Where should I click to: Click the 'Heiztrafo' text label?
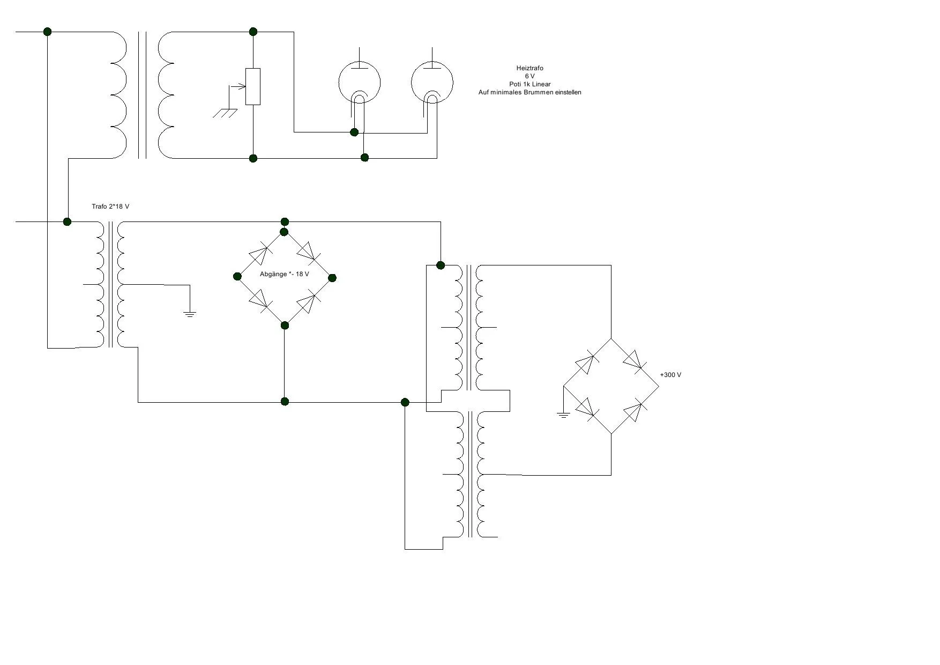[x=529, y=68]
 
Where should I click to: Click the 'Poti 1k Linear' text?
[x=529, y=84]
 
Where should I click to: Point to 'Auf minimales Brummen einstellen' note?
[x=529, y=92]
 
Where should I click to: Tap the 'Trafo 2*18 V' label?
[x=110, y=206]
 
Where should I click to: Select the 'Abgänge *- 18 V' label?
[x=284, y=274]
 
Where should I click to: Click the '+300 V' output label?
[x=670, y=375]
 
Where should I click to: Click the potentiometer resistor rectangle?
[x=253, y=86]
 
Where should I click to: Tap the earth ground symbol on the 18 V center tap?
[x=190, y=313]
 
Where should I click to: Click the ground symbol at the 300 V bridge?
[x=563, y=414]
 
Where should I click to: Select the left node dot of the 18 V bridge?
[x=237, y=276]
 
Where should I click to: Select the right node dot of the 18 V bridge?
[x=332, y=277]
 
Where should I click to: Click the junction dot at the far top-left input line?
[x=47, y=32]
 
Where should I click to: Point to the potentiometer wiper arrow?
[x=237, y=86]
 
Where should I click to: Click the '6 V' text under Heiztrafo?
[x=529, y=76]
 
